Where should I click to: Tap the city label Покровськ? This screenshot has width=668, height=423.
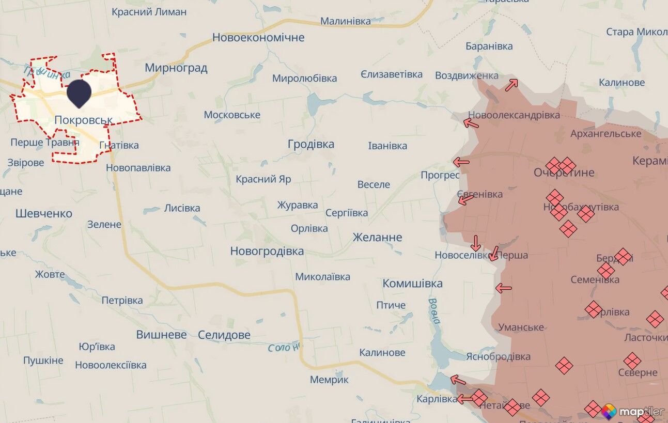[83, 120]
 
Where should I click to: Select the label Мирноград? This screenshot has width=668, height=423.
[176, 68]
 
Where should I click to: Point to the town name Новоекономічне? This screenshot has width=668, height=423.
[258, 38]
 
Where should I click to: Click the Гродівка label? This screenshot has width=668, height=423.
[310, 144]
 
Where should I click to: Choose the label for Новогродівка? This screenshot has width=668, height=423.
[267, 252]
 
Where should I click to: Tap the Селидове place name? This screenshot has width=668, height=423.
[224, 335]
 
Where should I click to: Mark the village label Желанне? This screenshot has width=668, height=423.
[377, 238]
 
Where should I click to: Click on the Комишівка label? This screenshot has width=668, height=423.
[412, 284]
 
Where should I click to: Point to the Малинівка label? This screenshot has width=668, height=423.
[345, 21]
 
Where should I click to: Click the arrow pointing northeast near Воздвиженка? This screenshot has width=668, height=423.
[511, 85]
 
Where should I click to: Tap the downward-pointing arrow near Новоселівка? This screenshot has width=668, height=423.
[476, 243]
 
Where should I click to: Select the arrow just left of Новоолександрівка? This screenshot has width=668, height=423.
[471, 123]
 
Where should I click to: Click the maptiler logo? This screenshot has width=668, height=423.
[632, 411]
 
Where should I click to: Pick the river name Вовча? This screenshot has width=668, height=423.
[434, 310]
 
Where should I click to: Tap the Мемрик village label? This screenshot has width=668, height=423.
[329, 380]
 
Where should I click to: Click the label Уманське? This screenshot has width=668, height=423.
[521, 327]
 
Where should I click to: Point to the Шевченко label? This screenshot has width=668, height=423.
[44, 213]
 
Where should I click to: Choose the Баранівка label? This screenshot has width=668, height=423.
[489, 46]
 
